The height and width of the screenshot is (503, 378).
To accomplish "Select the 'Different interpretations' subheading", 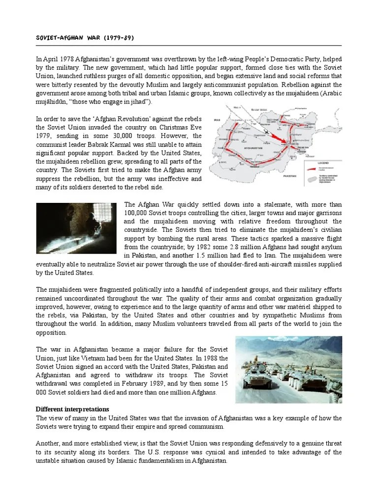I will click(73, 409).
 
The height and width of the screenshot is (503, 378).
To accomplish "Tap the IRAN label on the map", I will click(217, 119).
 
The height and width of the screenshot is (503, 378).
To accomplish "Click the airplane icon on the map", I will click(266, 132).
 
